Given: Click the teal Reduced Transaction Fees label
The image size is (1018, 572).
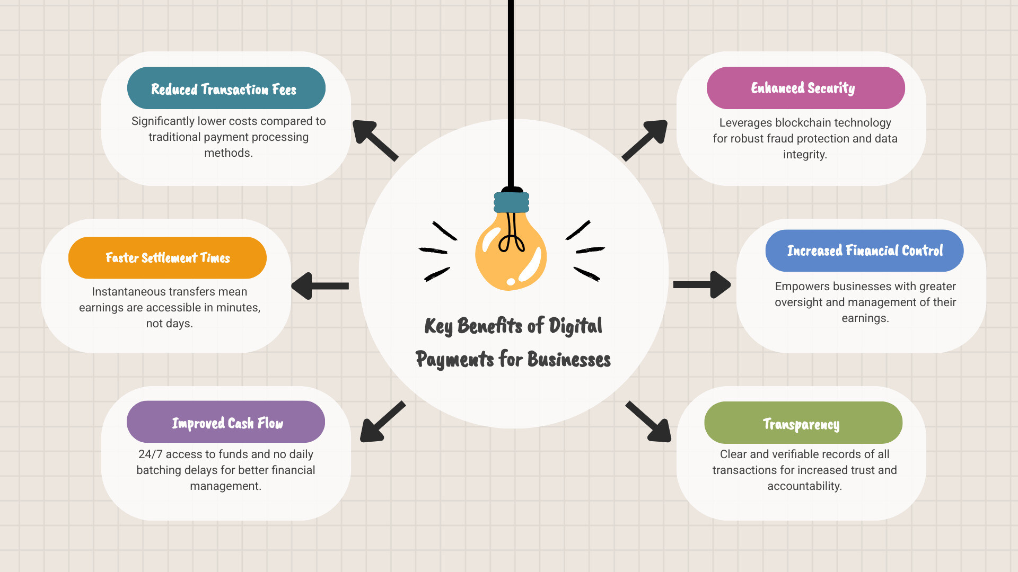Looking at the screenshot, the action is pyautogui.click(x=226, y=88).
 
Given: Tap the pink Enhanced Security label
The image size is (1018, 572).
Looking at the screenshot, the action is pyautogui.click(x=806, y=88).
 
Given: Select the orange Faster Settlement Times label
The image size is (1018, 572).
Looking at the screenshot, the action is pyautogui.click(x=168, y=258).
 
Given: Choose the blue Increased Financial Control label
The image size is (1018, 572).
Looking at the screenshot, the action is pyautogui.click(x=865, y=251).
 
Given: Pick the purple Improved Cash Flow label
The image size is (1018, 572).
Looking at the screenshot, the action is pyautogui.click(x=226, y=422).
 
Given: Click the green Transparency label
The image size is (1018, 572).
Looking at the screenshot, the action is pyautogui.click(x=803, y=423).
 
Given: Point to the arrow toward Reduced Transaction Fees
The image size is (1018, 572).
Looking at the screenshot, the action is pyautogui.click(x=375, y=140).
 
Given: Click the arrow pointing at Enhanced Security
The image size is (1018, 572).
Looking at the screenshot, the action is pyautogui.click(x=645, y=140).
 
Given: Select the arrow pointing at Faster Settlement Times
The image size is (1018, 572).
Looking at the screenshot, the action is pyautogui.click(x=320, y=286).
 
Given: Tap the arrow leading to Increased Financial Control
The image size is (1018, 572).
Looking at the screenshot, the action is pyautogui.click(x=702, y=285).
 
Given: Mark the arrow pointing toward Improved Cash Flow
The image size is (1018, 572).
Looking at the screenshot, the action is pyautogui.click(x=383, y=422).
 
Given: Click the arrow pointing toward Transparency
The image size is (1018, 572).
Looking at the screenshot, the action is pyautogui.click(x=648, y=422).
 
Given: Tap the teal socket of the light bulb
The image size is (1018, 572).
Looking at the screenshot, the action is pyautogui.click(x=512, y=202).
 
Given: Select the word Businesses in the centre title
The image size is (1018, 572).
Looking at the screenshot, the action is pyautogui.click(x=569, y=360).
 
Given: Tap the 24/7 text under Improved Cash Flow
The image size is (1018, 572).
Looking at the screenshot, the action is pyautogui.click(x=150, y=454).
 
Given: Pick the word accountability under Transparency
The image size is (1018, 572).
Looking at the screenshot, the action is pyautogui.click(x=804, y=486).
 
